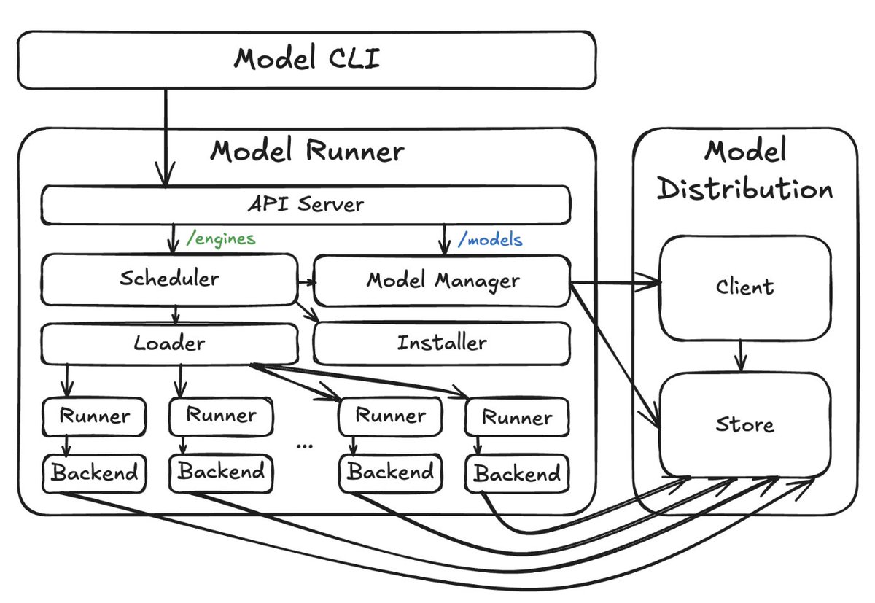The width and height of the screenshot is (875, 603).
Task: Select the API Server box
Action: [305, 205]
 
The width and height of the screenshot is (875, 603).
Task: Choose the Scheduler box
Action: [169, 279]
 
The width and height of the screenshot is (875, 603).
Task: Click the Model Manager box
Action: [442, 280]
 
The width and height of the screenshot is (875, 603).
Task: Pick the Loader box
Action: [169, 343]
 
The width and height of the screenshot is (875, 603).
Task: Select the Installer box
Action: [441, 343]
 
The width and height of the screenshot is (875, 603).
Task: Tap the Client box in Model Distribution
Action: [744, 287]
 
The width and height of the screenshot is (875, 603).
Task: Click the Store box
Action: [744, 424]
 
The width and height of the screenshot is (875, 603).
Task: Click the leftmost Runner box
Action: [94, 416]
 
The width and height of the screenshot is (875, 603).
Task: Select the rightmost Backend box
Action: [517, 474]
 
